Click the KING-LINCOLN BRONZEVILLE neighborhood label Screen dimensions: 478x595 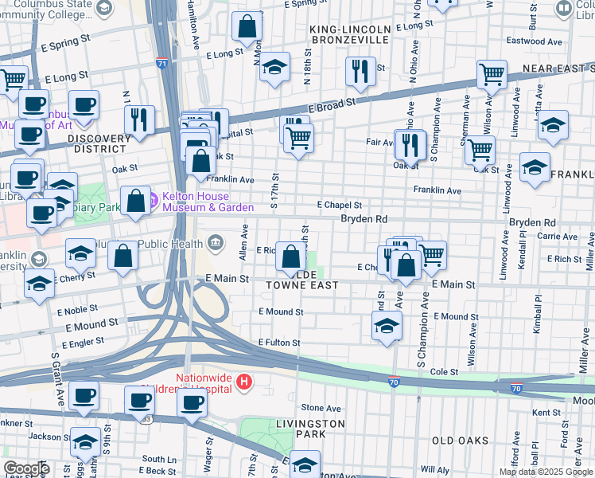[340, 34]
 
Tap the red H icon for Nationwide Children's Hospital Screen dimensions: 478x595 [244, 383]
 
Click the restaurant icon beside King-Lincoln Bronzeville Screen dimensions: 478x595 [360, 72]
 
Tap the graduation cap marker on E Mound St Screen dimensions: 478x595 [387, 326]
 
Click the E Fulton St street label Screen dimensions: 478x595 [278, 343]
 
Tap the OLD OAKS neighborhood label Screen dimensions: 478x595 [460, 440]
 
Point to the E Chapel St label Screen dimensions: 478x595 [340, 205]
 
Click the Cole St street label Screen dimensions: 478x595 [445, 372]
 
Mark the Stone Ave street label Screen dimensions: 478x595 [321, 408]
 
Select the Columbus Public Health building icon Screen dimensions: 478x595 [216, 241]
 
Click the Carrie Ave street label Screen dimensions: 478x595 [557, 237]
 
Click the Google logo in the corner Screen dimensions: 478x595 [26, 468]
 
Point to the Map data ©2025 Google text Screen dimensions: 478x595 [546, 472]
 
